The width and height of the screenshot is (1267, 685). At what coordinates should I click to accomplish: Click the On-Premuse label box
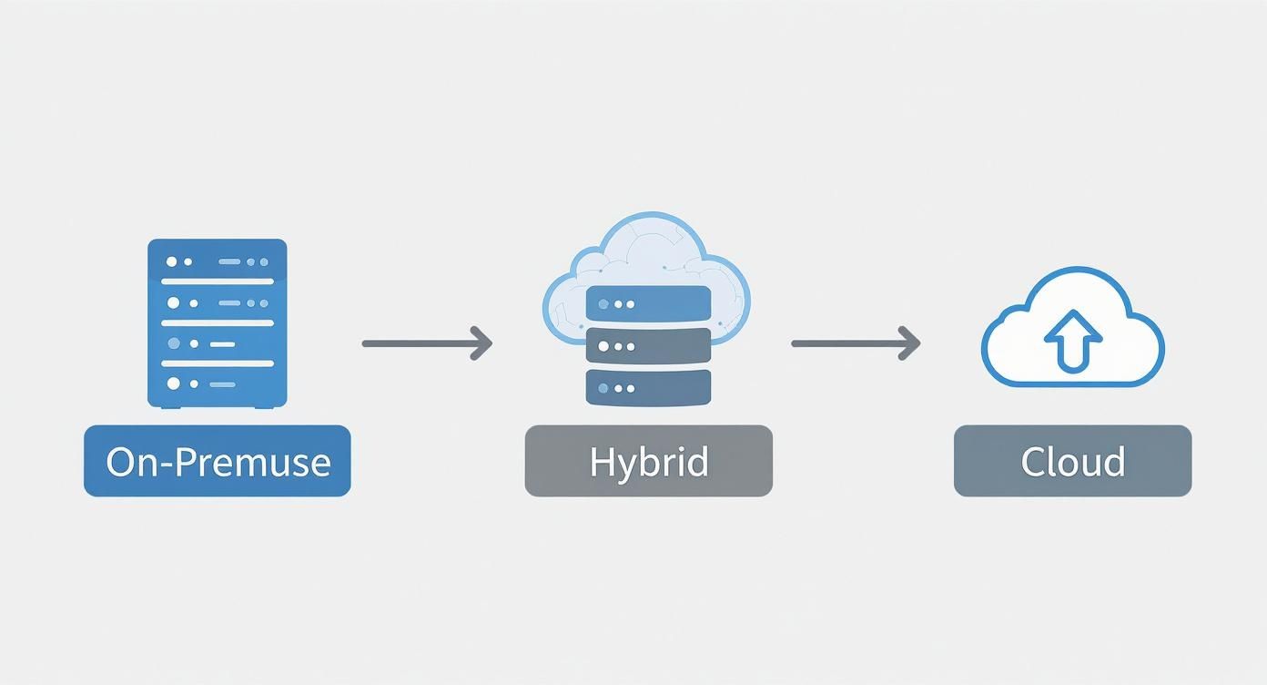click(217, 461)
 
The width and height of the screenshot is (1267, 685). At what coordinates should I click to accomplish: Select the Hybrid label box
click(648, 461)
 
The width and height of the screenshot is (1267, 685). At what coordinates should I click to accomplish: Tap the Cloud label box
click(1072, 461)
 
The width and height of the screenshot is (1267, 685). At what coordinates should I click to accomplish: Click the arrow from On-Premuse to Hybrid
click(426, 343)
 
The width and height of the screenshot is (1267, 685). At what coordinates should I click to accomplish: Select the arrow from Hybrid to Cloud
click(855, 343)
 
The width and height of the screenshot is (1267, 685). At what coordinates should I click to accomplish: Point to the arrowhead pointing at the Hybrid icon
click(483, 343)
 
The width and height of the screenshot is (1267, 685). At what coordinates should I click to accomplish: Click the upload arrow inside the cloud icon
click(1072, 339)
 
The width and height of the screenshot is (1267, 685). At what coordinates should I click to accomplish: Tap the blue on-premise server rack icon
click(217, 322)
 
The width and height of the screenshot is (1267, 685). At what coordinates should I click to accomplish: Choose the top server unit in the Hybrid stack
click(648, 303)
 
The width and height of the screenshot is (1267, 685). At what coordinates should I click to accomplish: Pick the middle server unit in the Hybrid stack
click(648, 345)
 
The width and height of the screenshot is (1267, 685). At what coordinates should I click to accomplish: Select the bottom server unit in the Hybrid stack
click(648, 387)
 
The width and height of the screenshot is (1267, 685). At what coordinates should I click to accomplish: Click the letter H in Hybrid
click(601, 461)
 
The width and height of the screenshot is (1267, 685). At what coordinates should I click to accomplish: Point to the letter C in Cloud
click(1033, 462)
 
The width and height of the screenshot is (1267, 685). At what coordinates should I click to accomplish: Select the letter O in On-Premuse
click(120, 462)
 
